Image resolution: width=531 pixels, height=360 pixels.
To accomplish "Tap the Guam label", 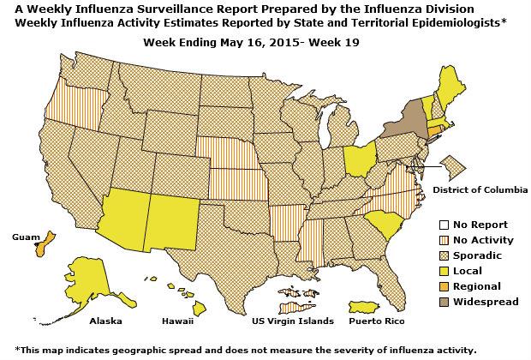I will coord(20,234).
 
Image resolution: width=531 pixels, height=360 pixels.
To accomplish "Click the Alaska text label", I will coord(105,321).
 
